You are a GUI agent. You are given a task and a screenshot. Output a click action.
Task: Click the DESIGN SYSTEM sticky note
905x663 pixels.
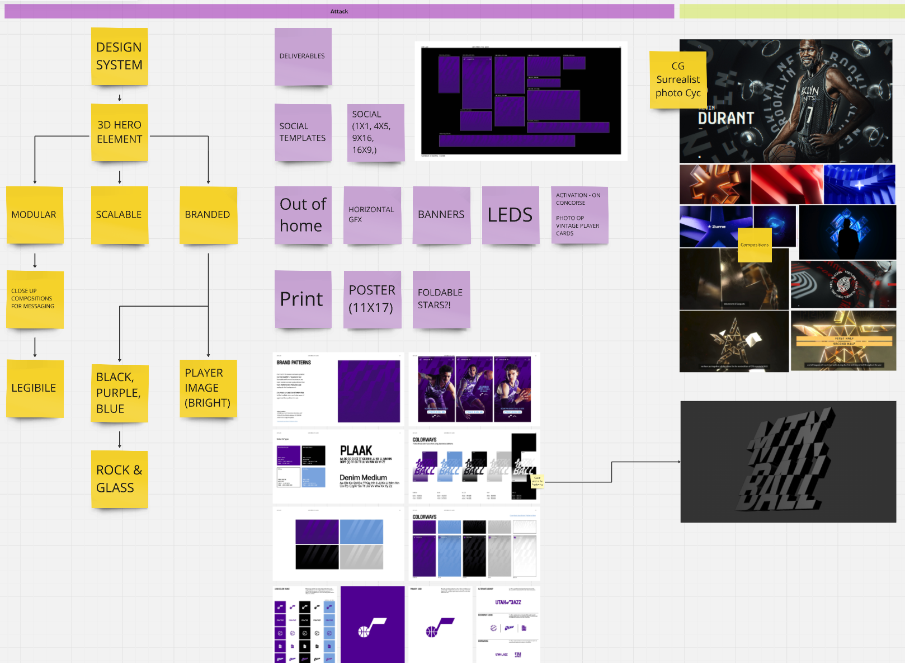pyautogui.click(x=119, y=57)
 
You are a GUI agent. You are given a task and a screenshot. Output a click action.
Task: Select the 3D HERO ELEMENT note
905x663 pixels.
pyautogui.click(x=120, y=133)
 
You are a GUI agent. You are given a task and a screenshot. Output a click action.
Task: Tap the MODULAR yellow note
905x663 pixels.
pyautogui.click(x=35, y=215)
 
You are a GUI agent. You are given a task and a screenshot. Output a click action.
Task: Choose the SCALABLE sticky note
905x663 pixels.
pyautogui.click(x=119, y=215)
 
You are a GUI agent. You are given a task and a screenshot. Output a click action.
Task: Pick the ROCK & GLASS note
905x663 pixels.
pyautogui.click(x=119, y=479)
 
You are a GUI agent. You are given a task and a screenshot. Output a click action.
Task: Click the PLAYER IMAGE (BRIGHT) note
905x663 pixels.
pyautogui.click(x=208, y=388)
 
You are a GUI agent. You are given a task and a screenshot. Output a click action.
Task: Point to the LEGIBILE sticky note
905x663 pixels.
pyautogui.click(x=35, y=388)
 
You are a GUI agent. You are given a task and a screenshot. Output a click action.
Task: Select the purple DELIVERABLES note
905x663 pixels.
pyautogui.click(x=303, y=57)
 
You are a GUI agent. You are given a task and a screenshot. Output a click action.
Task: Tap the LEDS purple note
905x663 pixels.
pyautogui.click(x=510, y=215)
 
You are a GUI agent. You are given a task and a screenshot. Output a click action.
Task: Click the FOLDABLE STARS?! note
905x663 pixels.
pyautogui.click(x=441, y=299)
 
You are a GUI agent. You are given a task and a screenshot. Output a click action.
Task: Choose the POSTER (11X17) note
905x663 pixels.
pyautogui.click(x=372, y=299)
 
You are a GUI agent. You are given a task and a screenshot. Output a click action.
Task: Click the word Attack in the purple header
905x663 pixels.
pyautogui.click(x=339, y=11)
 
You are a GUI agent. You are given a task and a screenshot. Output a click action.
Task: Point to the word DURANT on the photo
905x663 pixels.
pyautogui.click(x=726, y=118)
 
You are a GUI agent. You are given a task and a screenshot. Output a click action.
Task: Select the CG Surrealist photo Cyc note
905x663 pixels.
pyautogui.click(x=677, y=80)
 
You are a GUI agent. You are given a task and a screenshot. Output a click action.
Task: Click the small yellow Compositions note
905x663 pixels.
pyautogui.click(x=755, y=244)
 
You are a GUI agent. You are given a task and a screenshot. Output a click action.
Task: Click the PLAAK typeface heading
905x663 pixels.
pyautogui.click(x=356, y=450)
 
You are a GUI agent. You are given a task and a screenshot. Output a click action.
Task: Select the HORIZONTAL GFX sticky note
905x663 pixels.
pyautogui.click(x=372, y=215)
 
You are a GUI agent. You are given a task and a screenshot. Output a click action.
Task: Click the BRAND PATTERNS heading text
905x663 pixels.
pyautogui.click(x=294, y=363)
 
